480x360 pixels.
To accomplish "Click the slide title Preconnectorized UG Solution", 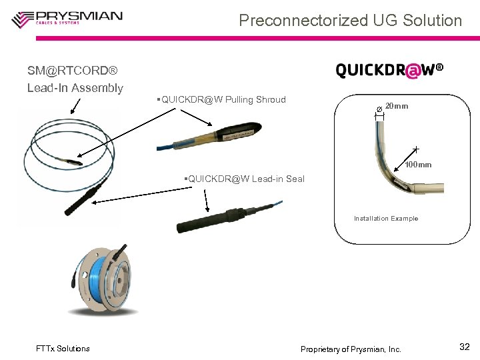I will pos(350,21).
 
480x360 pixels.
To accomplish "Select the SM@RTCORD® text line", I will pos(72,70).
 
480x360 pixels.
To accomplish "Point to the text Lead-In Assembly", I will pos(75,88).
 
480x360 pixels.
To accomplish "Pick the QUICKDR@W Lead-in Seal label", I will pos(245,179).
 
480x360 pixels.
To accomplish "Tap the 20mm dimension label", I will pos(397,107).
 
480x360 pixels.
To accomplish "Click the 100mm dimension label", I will pos(419,165).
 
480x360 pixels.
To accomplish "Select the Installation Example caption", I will pos(386,219).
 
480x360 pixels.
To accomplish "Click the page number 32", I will pos(465,347).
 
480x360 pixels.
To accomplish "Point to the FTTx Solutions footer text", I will pos(63,349).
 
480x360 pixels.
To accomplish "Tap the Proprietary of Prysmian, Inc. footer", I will pos(351,349).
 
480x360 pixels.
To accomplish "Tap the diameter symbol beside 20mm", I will pos(379,108).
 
